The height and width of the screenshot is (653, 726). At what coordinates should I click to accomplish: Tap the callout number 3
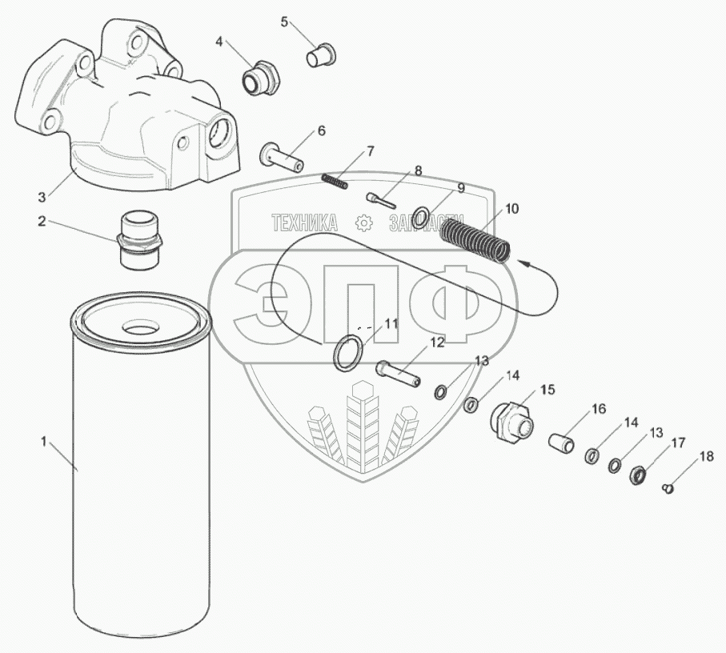click(42, 198)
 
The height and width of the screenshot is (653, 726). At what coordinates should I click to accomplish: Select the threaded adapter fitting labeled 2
click(140, 240)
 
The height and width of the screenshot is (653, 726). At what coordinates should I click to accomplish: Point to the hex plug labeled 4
click(261, 78)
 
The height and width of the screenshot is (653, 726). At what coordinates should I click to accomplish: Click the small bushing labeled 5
click(321, 55)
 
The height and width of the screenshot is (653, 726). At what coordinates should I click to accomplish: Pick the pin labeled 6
click(282, 158)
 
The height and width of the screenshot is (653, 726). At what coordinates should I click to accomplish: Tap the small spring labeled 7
click(335, 181)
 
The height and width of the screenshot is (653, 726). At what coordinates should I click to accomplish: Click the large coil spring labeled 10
click(475, 239)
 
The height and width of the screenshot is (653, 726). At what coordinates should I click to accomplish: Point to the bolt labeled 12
click(398, 374)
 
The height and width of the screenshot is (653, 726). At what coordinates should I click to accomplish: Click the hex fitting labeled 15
click(511, 422)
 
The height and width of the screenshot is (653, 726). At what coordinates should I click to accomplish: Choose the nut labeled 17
click(639, 475)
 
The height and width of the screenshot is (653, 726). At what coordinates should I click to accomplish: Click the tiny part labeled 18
click(668, 488)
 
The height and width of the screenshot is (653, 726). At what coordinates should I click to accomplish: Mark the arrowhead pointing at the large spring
click(524, 262)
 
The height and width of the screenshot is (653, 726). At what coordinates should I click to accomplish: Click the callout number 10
click(511, 209)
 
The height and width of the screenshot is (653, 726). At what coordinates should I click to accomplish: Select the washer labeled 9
click(420, 218)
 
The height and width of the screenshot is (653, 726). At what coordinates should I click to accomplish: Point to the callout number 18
click(706, 457)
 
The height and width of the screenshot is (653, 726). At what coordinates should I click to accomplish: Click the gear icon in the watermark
click(364, 223)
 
